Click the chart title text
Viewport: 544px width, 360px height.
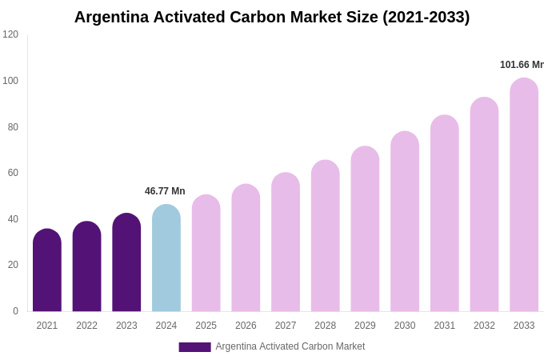[272, 17]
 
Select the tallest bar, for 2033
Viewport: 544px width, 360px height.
[524, 195]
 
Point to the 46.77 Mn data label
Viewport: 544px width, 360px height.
[165, 191]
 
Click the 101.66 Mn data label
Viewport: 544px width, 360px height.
[522, 65]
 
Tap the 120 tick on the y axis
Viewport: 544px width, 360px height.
[10, 34]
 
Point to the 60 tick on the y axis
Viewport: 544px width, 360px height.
[13, 173]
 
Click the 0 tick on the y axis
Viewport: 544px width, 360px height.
[15, 311]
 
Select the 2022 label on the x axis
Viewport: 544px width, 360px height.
[86, 326]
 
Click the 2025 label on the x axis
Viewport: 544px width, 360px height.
[206, 326]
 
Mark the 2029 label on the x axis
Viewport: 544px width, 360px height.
[365, 326]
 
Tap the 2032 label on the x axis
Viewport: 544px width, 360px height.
[484, 326]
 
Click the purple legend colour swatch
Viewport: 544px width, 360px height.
[194, 347]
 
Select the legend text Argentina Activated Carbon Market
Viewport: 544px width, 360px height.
[290, 346]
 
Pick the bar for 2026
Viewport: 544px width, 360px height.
[246, 248]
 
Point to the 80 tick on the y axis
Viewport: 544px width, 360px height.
[13, 127]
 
